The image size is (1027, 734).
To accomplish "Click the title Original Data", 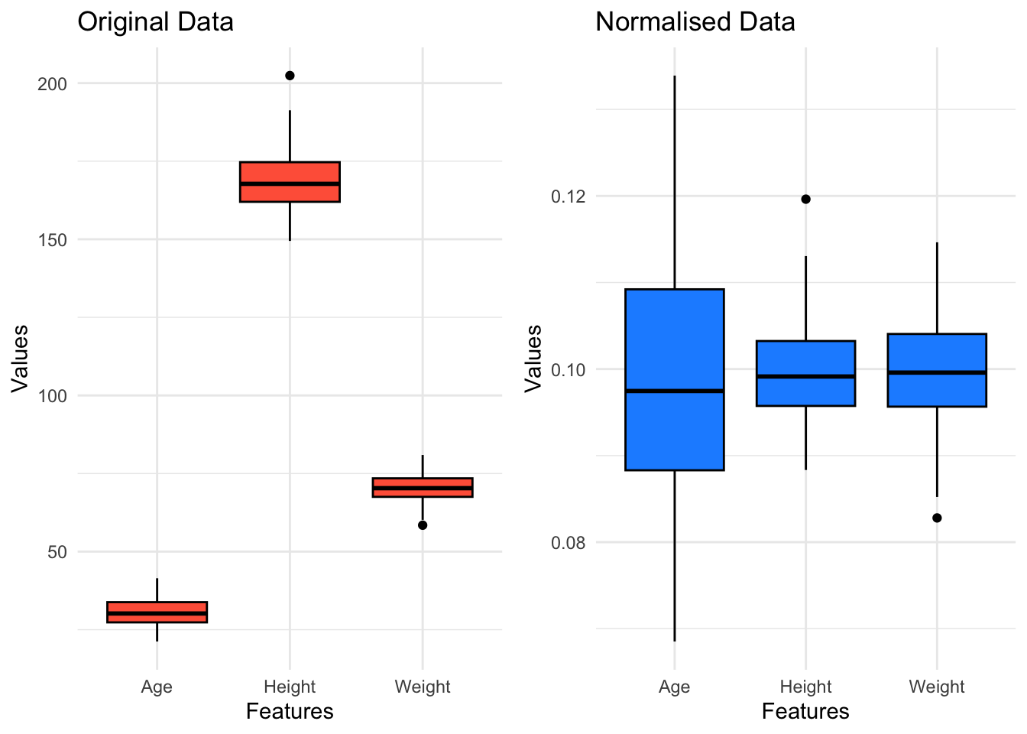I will [x=155, y=21].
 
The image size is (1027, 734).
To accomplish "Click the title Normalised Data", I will [x=695, y=21].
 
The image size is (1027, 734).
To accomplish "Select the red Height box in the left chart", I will [x=290, y=182].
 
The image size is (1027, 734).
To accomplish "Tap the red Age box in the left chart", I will [x=157, y=612].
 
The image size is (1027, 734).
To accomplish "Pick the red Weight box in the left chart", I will [x=423, y=487].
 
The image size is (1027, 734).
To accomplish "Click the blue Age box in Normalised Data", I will [x=675, y=379].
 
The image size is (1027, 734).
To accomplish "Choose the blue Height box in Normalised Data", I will [x=805, y=373].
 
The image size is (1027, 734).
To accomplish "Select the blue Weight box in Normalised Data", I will [x=937, y=370].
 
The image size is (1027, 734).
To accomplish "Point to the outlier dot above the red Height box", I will [x=290, y=76].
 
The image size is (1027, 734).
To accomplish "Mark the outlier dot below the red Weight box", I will [x=423, y=525].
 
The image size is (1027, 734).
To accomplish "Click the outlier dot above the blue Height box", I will [x=805, y=199].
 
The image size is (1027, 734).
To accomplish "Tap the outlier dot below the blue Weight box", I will [x=937, y=518].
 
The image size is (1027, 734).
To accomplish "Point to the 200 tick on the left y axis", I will [x=53, y=84].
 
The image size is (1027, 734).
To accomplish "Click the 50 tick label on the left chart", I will [x=57, y=552].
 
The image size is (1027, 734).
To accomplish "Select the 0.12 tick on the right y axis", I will [x=567, y=196].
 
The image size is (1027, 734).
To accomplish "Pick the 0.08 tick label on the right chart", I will [x=567, y=544].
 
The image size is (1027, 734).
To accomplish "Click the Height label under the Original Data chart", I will [x=290, y=687].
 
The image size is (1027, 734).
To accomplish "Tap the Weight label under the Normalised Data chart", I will [x=937, y=687].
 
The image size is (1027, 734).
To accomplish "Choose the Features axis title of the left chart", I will [x=290, y=712].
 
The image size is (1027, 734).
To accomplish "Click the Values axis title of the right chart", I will [x=533, y=358].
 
